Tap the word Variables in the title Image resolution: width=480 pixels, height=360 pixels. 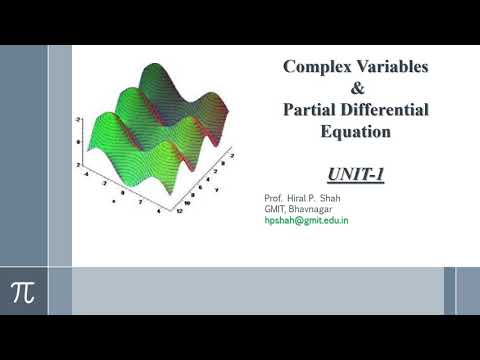click(392, 68)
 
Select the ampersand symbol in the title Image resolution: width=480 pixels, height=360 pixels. click(357, 89)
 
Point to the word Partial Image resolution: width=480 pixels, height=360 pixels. click(304, 110)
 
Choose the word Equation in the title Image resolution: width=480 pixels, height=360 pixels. click(356, 131)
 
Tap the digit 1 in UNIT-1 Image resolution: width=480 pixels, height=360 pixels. click(379, 174)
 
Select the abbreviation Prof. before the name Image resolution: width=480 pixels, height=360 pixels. click(274, 196)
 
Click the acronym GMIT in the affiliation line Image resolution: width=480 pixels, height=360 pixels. click(276, 207)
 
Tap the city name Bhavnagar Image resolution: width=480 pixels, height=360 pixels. click(316, 207)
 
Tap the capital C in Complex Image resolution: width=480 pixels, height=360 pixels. click(290, 68)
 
